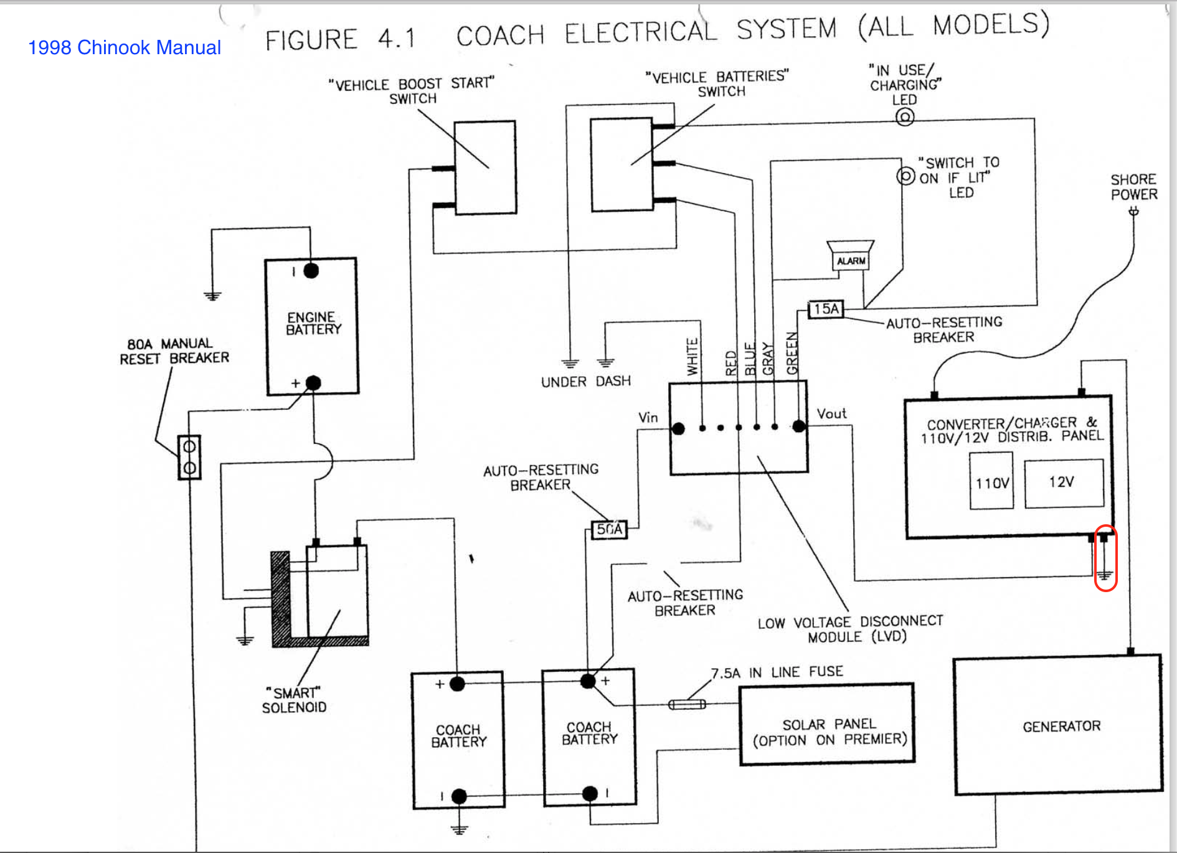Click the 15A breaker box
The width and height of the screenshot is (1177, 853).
point(826,309)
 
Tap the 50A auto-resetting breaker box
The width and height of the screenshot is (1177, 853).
point(609,529)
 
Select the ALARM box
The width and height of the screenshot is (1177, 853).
point(851,261)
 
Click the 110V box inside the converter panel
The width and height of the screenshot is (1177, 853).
point(991,483)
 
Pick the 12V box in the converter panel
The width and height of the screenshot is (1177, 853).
point(1064,483)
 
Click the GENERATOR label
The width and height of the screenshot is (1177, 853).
point(1062,726)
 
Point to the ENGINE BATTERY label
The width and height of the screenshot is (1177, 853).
point(313,323)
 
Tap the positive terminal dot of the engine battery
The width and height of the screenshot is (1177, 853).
point(313,383)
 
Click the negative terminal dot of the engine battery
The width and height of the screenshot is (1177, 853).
point(311,271)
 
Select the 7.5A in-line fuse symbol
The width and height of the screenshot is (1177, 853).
point(687,704)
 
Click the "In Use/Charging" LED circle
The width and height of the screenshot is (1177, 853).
point(905,116)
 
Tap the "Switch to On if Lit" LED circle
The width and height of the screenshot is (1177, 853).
point(906,176)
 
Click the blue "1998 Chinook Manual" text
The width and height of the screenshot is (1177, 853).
point(125,47)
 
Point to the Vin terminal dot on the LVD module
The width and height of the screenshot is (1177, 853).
point(679,428)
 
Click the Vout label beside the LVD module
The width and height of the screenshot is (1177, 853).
point(831,413)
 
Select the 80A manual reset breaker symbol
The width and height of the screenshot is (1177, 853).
point(189,457)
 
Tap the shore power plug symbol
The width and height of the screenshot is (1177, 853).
point(1134,212)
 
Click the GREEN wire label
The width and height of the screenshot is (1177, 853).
point(792,353)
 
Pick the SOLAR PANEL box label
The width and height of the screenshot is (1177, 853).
point(830,724)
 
